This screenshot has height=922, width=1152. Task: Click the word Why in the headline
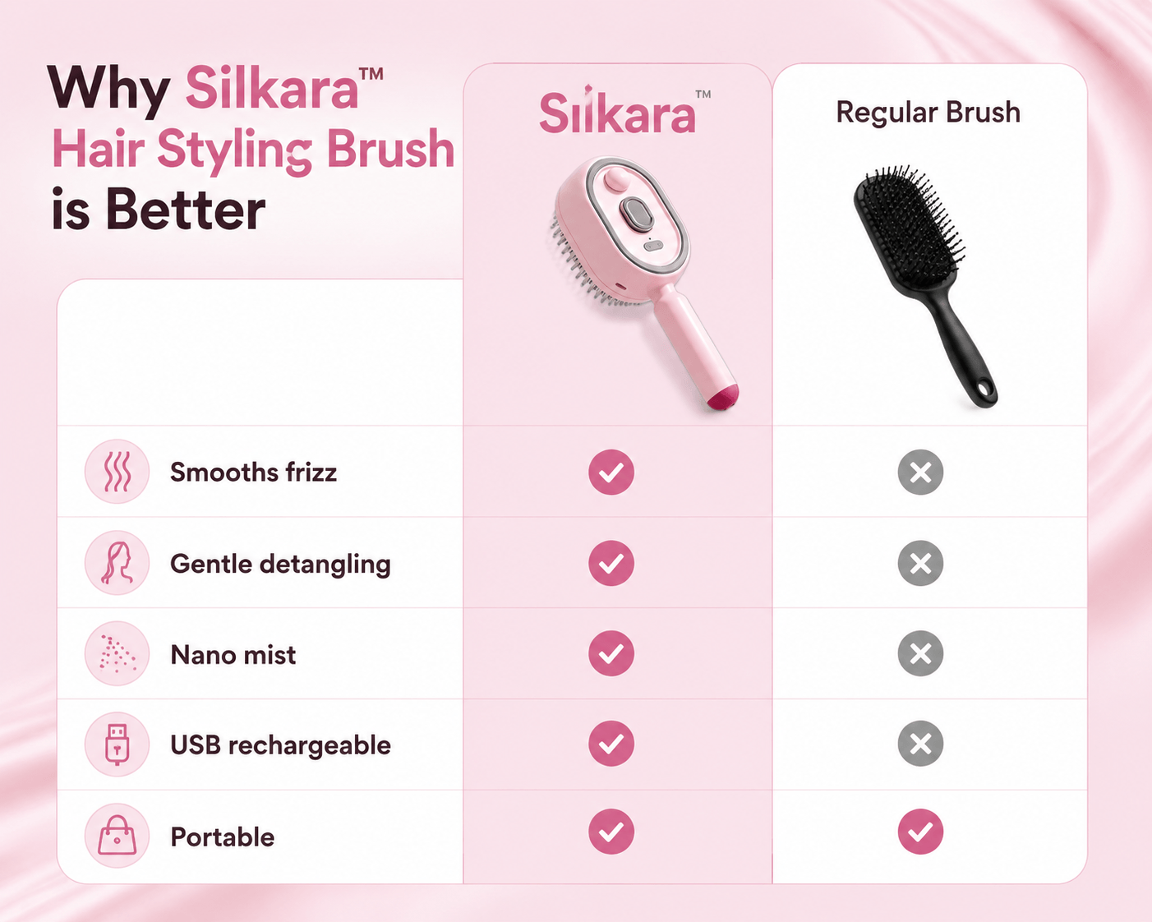click(108, 89)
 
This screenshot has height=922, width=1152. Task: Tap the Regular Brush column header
click(929, 113)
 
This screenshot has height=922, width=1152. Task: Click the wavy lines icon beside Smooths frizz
click(118, 472)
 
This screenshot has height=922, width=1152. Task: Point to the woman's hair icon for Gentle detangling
click(118, 563)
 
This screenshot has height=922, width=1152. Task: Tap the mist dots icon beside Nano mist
click(118, 654)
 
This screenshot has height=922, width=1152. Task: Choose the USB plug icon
click(118, 745)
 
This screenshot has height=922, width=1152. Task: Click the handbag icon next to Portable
click(118, 836)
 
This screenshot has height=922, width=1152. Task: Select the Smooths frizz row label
click(253, 473)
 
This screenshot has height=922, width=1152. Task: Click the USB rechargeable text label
click(280, 745)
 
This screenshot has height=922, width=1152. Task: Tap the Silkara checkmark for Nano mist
click(611, 653)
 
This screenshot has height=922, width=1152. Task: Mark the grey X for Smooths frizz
click(921, 472)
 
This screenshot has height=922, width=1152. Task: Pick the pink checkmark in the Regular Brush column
click(921, 832)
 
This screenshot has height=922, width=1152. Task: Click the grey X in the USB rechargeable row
click(921, 744)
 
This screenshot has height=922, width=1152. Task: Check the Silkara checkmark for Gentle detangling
click(611, 563)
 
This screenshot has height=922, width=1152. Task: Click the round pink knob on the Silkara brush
click(616, 180)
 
